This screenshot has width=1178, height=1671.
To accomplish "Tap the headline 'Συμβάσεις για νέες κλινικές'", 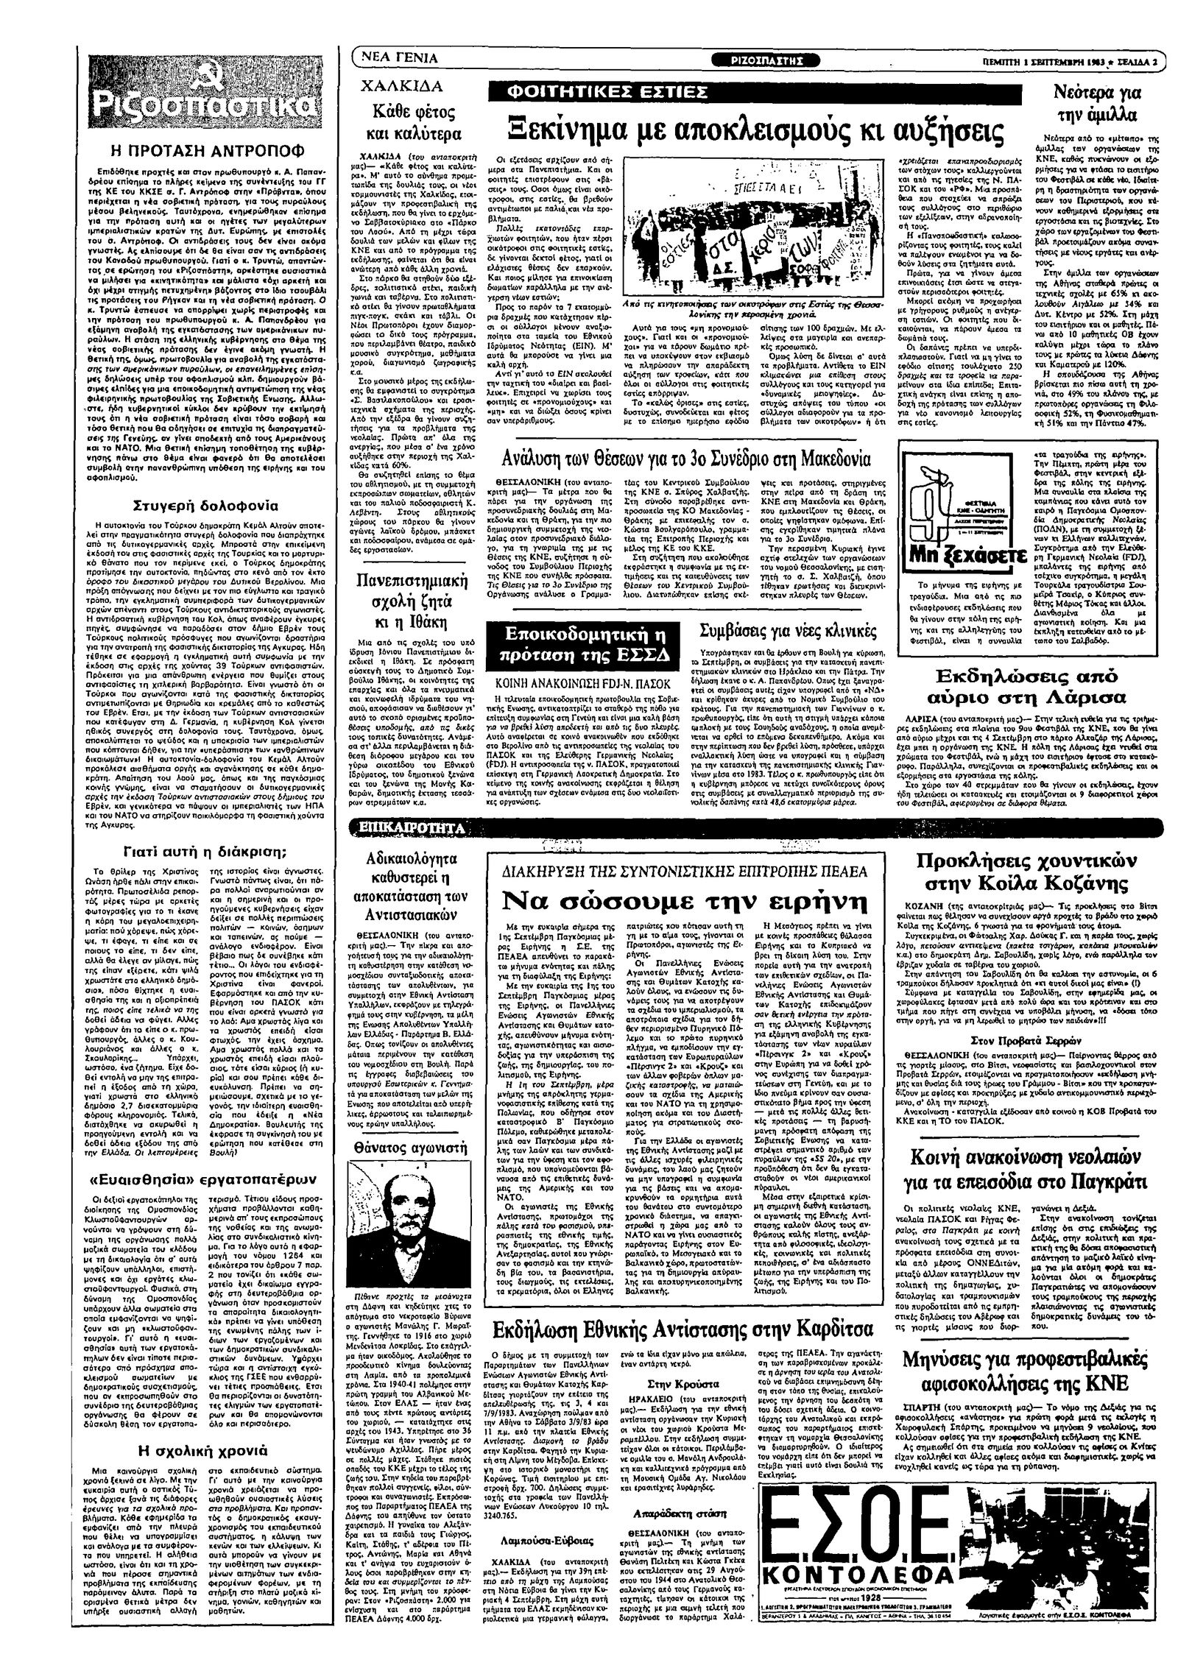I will pyautogui.click(x=787, y=631).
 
